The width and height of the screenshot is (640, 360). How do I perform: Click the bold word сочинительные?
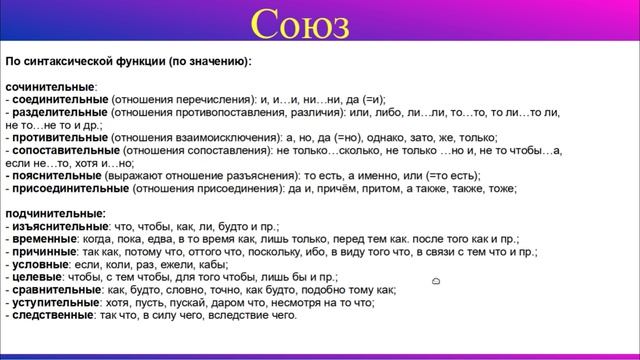coord(50,87)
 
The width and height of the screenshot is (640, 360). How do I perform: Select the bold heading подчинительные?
coord(55,213)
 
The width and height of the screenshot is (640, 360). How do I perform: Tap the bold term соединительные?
coord(59,100)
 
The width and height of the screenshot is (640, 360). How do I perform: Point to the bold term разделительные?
coord(57,112)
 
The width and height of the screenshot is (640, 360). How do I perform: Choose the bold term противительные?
coord(58,137)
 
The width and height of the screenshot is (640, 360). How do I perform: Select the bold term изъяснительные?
coord(56,226)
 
